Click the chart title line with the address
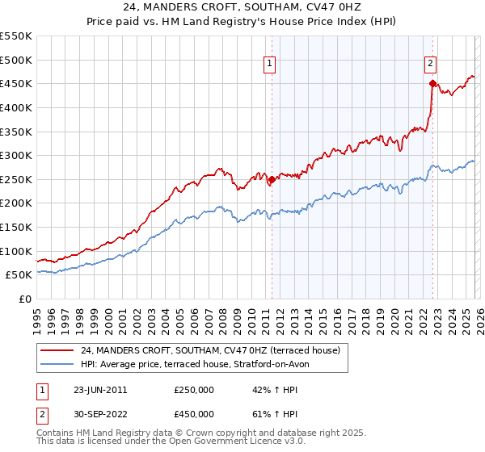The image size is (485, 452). click(x=242, y=8)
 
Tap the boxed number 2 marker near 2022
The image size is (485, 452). click(x=431, y=65)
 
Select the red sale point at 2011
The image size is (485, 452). click(x=272, y=180)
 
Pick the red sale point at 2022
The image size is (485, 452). click(x=432, y=83)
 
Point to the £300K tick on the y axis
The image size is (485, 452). click(x=16, y=155)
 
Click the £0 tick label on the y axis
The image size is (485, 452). click(x=24, y=299)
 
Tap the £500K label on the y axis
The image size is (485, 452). click(x=16, y=60)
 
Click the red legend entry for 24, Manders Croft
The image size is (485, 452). click(x=210, y=350)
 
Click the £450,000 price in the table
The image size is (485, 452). click(x=194, y=414)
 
